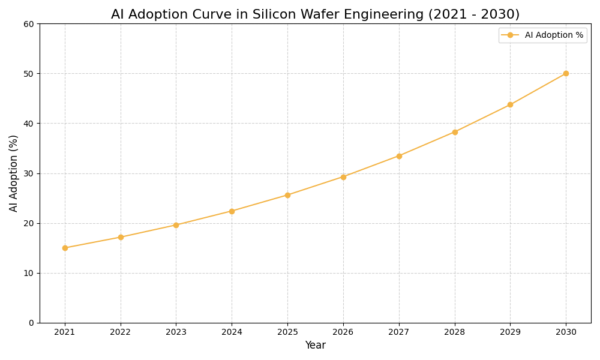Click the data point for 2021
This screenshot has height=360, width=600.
pyautogui.click(x=65, y=248)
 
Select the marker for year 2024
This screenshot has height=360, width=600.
pyautogui.click(x=232, y=211)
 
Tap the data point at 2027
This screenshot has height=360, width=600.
pyautogui.click(x=399, y=156)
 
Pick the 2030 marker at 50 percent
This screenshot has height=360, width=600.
pyautogui.click(x=566, y=73)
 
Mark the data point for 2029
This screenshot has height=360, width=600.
pyautogui.click(x=510, y=104)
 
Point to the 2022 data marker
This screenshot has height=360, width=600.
pyautogui.click(x=121, y=237)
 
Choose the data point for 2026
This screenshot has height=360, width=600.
pyautogui.click(x=343, y=177)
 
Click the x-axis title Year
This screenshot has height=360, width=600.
pyautogui.click(x=315, y=346)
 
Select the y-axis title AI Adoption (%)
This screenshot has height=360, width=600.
pyautogui.click(x=14, y=173)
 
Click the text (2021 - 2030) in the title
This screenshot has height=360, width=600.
pyautogui.click(x=473, y=14)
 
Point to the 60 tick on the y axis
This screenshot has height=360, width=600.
pyautogui.click(x=28, y=24)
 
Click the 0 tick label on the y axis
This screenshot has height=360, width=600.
pyautogui.click(x=31, y=323)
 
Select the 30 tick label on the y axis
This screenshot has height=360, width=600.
pyautogui.click(x=28, y=173)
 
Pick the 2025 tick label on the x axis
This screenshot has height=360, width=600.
pyautogui.click(x=287, y=332)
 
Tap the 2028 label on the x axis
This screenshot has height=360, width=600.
pyautogui.click(x=455, y=332)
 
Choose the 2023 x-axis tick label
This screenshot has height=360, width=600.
pyautogui.click(x=176, y=332)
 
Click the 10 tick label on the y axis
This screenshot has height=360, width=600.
pyautogui.click(x=28, y=273)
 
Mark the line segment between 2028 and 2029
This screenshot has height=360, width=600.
pyautogui.click(x=482, y=118)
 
